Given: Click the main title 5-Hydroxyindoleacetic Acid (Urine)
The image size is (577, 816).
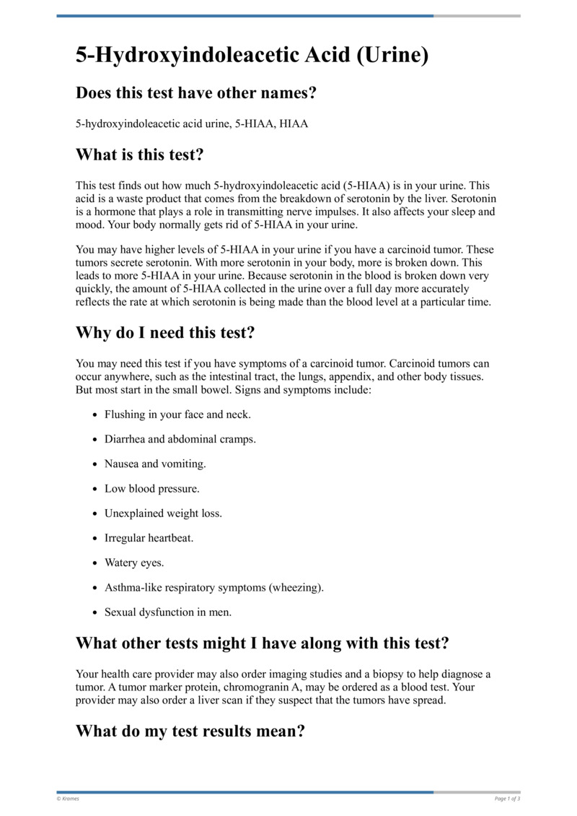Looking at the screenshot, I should coord(252,55).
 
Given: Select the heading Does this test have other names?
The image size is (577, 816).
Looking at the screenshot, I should coord(197,92).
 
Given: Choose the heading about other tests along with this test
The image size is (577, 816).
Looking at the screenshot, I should coord(263,643).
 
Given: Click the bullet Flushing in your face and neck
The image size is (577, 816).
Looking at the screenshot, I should coord(177,415).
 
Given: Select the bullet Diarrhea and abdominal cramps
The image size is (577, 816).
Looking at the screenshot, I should coord(180,440).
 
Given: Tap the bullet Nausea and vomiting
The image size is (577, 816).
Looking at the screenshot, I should coord(155,464).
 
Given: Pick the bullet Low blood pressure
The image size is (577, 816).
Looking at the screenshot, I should coord(152,489).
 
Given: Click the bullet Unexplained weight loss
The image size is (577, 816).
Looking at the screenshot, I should coord(163,513).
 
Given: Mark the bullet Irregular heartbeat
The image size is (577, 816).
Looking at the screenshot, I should coord(149,538).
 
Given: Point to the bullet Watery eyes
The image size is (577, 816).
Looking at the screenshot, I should coord(135,563).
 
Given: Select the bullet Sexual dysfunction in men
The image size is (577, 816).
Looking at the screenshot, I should coord(168,612).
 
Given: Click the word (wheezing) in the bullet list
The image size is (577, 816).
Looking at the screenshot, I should coord(296,587).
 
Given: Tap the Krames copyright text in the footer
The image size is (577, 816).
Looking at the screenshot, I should coord(69,798).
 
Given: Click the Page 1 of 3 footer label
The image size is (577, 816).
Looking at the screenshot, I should coord(507,798).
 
